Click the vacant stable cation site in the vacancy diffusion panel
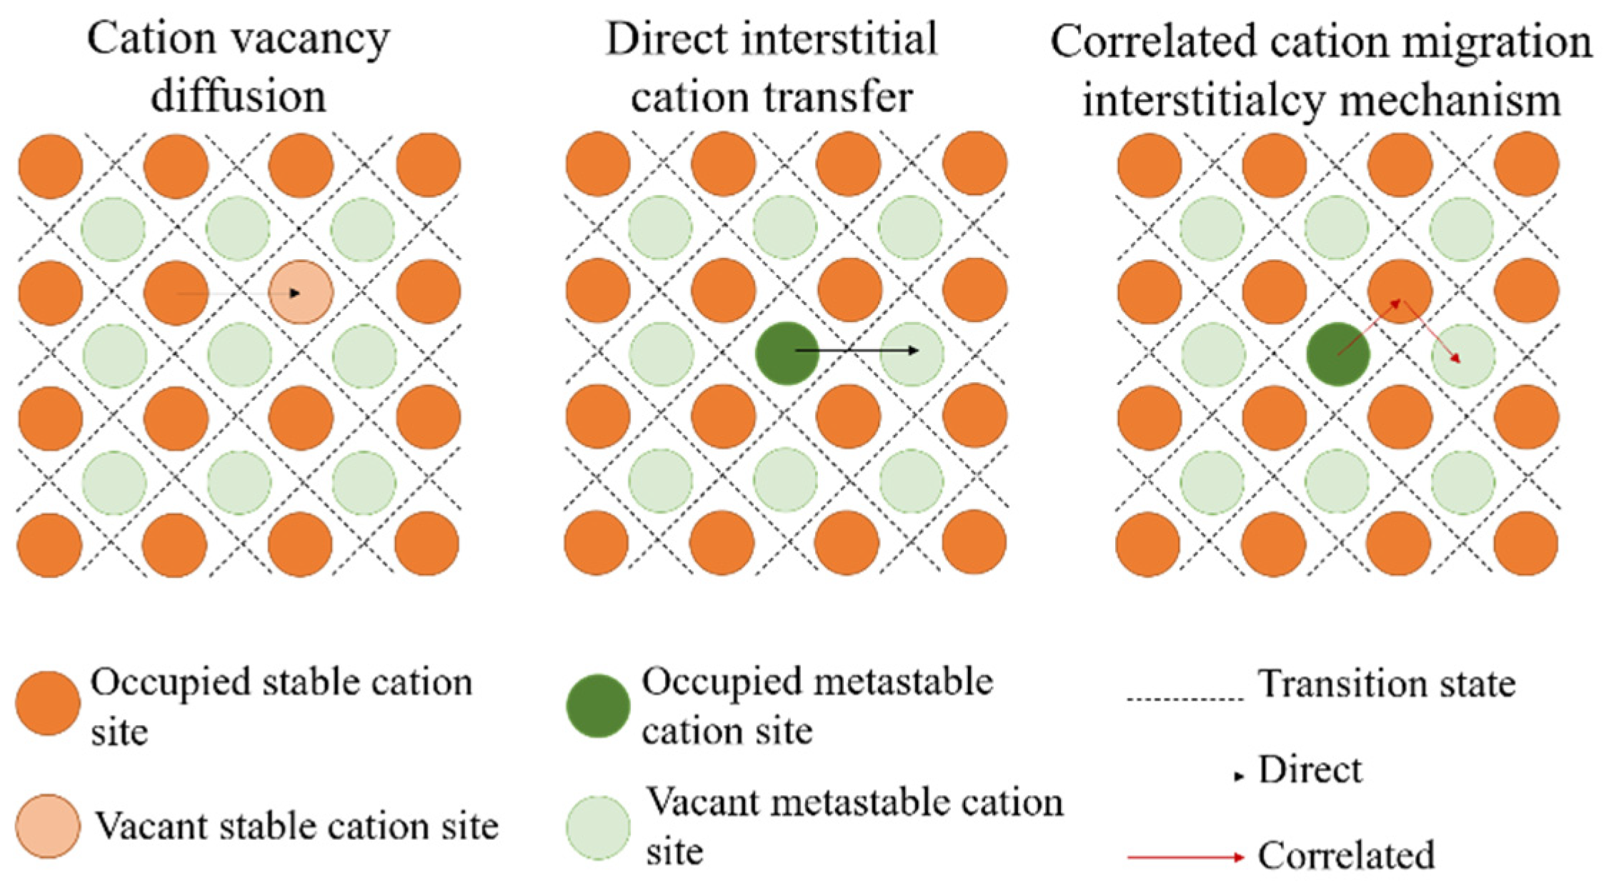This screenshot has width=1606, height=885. point(301,292)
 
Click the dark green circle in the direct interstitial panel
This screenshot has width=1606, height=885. point(787,354)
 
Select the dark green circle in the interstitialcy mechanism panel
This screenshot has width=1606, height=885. point(1337,354)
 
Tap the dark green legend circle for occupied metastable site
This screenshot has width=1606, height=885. point(598,706)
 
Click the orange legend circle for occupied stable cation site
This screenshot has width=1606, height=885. point(48,703)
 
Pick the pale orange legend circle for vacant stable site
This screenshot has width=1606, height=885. point(48,826)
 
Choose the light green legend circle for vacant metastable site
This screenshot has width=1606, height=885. point(598,827)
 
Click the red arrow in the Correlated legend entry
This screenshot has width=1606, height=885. point(1186,856)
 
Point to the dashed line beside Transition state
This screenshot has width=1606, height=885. point(1185,699)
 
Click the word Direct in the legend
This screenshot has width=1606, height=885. point(1310,770)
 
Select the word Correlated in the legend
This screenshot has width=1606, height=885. point(1346,856)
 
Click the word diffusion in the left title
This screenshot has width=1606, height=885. point(239,96)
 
